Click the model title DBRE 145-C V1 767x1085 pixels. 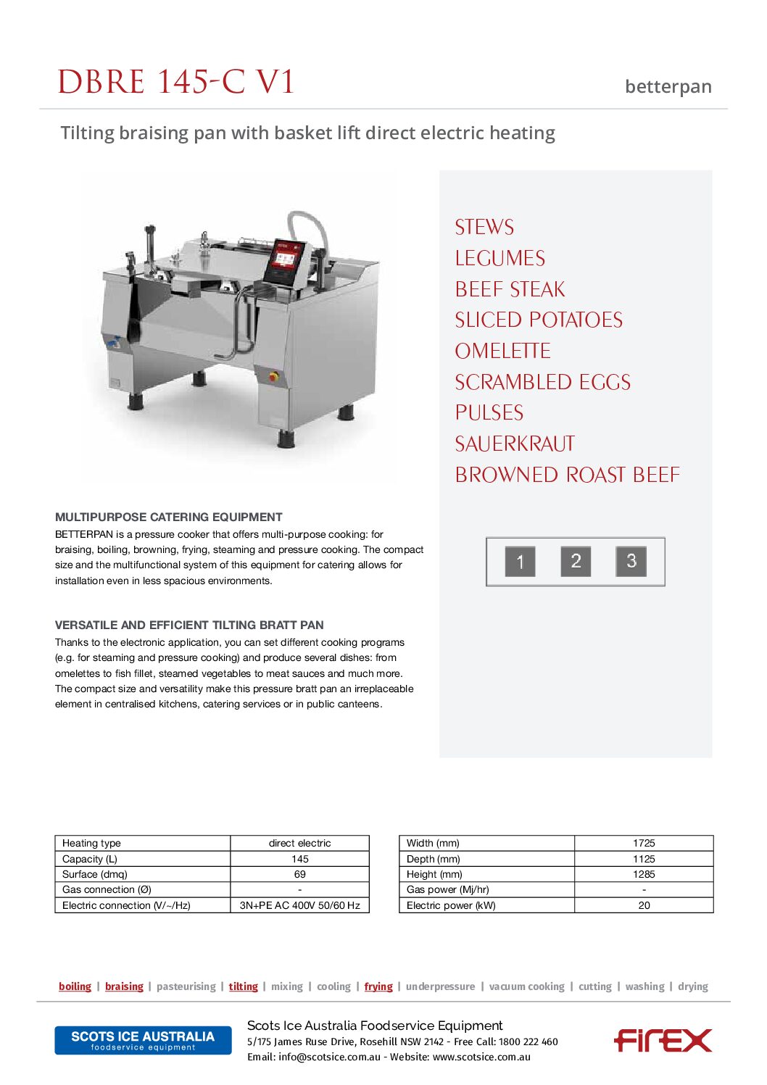click(176, 82)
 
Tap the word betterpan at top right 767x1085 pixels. click(668, 87)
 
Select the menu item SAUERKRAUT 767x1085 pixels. click(515, 444)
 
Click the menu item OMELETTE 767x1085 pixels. click(502, 351)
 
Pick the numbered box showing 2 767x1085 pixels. click(576, 561)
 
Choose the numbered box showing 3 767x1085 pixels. click(631, 561)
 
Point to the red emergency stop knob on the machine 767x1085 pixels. click(274, 377)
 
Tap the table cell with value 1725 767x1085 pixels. click(643, 843)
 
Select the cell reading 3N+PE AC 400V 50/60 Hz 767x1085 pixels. click(299, 905)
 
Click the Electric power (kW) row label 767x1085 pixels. click(451, 905)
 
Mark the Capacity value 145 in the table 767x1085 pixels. click(299, 859)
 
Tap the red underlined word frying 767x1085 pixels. click(378, 986)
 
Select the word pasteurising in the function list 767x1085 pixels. click(186, 986)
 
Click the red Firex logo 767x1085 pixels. click(663, 1040)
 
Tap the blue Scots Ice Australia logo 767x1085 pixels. click(143, 1040)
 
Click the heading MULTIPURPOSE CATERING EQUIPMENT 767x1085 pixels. click(168, 517)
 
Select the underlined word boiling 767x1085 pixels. click(75, 986)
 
